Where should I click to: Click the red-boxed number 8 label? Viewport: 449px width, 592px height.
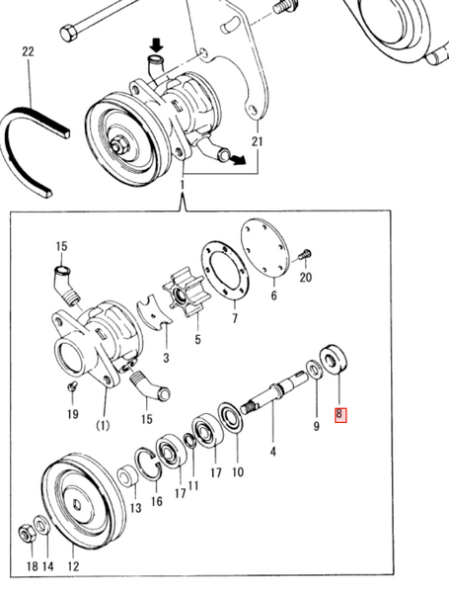coord(340,416)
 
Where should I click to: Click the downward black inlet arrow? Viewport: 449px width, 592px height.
coord(156,46)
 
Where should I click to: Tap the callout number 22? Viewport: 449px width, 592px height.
coord(28,51)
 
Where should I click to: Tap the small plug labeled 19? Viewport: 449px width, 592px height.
coord(72,384)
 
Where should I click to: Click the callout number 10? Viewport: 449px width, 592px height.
coord(237,472)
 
